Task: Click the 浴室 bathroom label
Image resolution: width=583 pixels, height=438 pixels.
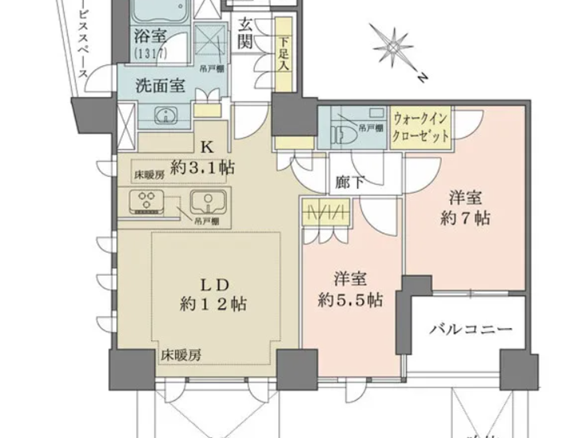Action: point(150,36)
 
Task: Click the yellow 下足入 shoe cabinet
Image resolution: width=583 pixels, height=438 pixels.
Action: point(285,50)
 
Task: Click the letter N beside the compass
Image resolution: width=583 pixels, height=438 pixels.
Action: point(422,78)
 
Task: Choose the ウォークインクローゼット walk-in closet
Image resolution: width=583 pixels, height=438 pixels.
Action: point(421,128)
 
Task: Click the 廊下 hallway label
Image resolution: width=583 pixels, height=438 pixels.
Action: point(350,182)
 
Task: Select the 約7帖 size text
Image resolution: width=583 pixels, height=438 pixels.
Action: point(465,218)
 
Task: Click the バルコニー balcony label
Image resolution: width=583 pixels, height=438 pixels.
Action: point(471,330)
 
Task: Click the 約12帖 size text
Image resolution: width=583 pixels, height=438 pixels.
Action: point(213,305)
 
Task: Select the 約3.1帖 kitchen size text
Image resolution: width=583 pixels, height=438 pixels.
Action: point(203,168)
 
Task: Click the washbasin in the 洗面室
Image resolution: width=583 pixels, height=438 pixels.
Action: point(166,116)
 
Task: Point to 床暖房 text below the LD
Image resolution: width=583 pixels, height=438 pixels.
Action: point(182,355)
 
